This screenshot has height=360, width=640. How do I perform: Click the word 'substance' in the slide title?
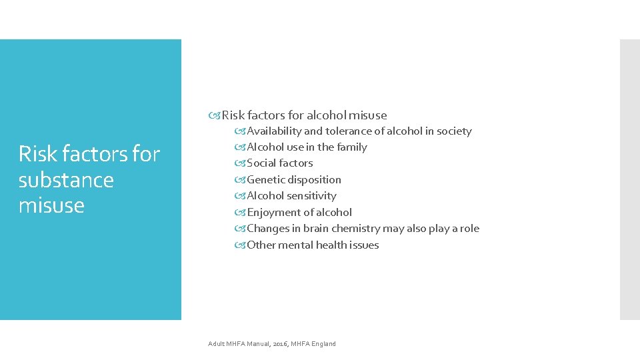click(66, 180)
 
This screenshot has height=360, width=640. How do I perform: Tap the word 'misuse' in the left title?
click(51, 205)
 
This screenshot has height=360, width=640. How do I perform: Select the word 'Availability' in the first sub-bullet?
click(274, 131)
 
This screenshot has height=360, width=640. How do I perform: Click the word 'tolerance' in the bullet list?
click(348, 131)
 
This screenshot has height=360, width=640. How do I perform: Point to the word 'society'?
click(453, 131)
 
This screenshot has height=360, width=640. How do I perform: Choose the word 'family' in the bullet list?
click(352, 147)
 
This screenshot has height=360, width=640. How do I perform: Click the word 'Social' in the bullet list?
click(262, 163)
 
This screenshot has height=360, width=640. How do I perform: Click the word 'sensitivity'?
click(311, 196)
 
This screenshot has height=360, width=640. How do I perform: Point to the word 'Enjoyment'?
click(272, 213)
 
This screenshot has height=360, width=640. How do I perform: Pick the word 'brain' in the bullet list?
click(316, 229)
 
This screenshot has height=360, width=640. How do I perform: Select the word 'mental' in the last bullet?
click(295, 245)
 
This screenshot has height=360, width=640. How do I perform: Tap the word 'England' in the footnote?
click(323, 344)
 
